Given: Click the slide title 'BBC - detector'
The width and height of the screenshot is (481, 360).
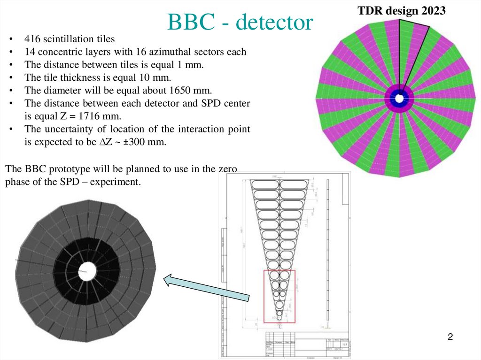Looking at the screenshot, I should click(x=240, y=22).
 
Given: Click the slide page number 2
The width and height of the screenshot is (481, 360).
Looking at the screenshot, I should click(x=450, y=337).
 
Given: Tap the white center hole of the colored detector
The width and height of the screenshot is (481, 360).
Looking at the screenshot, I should click(x=399, y=99).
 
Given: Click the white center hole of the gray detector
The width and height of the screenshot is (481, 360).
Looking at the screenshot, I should click(x=86, y=270).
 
